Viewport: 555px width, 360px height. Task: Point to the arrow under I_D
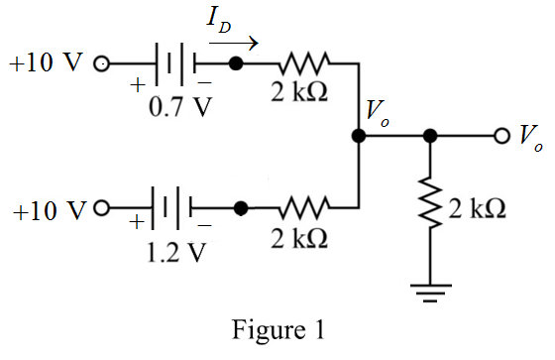point(234,44)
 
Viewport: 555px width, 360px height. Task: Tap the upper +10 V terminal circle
point(101,64)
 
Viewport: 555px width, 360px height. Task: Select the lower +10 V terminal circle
point(101,208)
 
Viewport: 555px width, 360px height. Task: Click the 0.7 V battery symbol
point(174,64)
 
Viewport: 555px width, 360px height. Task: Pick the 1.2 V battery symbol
point(171,208)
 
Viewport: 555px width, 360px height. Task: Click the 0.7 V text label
point(180,107)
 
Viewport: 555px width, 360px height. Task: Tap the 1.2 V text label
point(176,252)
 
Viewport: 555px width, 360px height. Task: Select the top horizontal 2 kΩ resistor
point(304,63)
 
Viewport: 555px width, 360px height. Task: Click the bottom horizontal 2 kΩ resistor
point(304,207)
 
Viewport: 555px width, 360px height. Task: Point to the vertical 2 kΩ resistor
point(430,202)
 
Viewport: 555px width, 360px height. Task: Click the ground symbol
point(430,293)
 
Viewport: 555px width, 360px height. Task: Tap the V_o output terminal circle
point(501,136)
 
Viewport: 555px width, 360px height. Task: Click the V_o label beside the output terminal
point(531,139)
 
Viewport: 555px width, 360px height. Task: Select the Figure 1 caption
point(278,330)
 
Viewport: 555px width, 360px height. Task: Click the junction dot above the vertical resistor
point(430,136)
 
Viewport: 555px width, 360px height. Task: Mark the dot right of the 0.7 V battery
point(236,63)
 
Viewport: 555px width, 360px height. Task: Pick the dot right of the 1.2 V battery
point(241,208)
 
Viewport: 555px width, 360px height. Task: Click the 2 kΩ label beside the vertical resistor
point(477,208)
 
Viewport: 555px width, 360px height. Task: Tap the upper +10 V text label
point(47,62)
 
